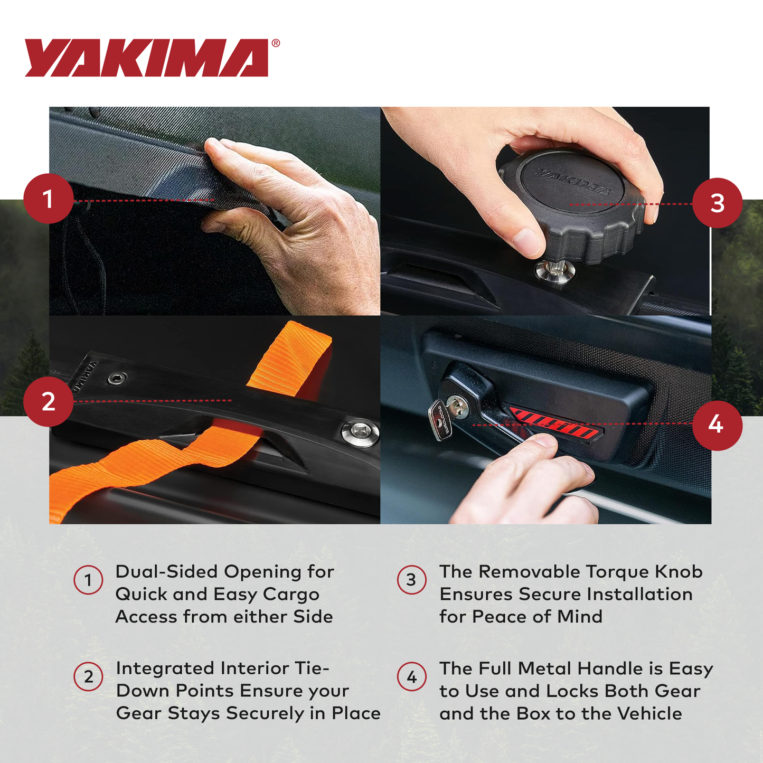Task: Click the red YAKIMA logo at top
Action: (x=146, y=58)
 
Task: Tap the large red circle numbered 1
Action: (x=48, y=199)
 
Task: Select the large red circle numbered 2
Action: (x=48, y=401)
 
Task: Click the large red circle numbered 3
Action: (x=717, y=203)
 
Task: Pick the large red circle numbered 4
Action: (x=717, y=425)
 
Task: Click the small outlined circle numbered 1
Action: (x=88, y=580)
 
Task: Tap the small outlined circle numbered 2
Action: (x=88, y=676)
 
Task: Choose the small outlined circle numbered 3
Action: (x=411, y=580)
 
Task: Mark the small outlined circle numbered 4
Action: (x=411, y=677)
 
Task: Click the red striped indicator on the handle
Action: (x=554, y=425)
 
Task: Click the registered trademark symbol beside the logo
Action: (x=276, y=44)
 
